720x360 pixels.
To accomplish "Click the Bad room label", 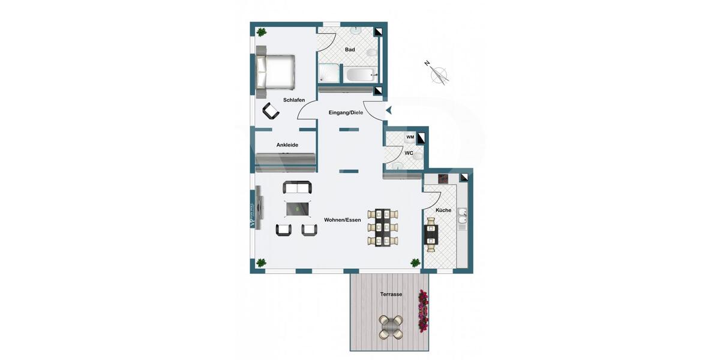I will tap(350, 50).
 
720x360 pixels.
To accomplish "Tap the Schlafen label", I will tap(294, 100).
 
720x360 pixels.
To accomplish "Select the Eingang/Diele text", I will tap(346, 113).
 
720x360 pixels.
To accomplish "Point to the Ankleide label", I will tap(287, 145).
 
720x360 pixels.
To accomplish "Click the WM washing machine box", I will tap(410, 137).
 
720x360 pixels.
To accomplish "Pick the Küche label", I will tap(443, 210).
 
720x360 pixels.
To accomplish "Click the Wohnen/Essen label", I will tap(343, 220).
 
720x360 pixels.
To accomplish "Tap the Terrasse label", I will tap(391, 295).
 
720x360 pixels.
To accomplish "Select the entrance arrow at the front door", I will tap(389, 110).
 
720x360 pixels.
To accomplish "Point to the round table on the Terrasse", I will tap(391, 326).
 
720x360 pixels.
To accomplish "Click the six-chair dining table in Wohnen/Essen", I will tap(383, 227).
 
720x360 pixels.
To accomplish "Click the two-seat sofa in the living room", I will tap(298, 187).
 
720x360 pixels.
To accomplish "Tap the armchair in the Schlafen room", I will tap(271, 110).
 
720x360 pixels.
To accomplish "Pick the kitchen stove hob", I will tap(443, 178).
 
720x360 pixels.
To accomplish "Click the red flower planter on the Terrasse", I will tap(424, 311).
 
